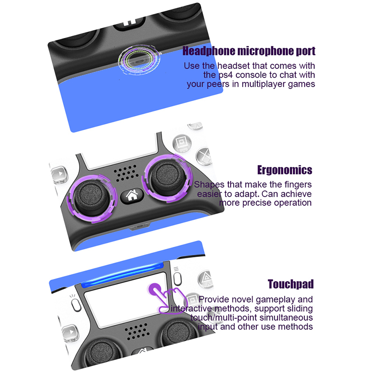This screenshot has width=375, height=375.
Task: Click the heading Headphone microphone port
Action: (x=249, y=51)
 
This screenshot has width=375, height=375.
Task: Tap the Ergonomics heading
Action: (x=285, y=170)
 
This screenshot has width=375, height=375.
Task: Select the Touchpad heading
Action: (x=291, y=284)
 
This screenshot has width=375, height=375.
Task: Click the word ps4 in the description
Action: (x=225, y=75)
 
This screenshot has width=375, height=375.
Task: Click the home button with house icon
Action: (x=132, y=195)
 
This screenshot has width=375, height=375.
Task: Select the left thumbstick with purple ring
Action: (x=92, y=198)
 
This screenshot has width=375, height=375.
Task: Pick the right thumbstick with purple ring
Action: (x=167, y=178)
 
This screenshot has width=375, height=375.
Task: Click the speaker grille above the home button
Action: (x=126, y=172)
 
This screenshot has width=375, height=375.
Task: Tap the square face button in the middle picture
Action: (x=182, y=142)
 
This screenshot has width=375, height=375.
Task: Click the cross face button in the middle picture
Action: (x=204, y=157)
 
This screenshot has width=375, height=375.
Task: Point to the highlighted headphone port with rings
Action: (x=139, y=60)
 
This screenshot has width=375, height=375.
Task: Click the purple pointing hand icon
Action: (x=166, y=298)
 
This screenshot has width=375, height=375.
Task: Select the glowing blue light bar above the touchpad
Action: (x=122, y=275)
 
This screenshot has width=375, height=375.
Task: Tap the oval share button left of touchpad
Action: (x=76, y=305)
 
